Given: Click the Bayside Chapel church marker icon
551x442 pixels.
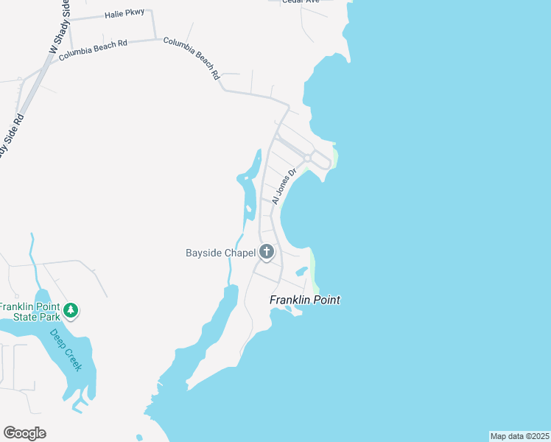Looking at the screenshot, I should (267, 253).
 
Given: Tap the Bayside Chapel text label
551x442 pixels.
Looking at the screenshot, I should (220, 253).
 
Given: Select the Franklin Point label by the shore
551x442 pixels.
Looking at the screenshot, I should (304, 300).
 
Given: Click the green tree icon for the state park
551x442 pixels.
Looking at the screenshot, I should (71, 310).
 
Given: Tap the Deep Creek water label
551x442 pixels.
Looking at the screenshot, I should (67, 349).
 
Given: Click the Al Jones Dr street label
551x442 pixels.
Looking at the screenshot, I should (283, 187).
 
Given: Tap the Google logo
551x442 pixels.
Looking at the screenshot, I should (24, 433).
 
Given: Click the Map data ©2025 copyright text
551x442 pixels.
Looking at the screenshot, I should (519, 436).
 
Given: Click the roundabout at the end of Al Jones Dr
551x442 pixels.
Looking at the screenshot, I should (307, 158).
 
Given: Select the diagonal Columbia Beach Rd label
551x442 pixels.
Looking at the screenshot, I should (192, 58).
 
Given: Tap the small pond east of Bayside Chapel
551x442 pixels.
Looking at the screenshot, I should (301, 270).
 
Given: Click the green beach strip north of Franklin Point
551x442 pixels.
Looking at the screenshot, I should (315, 270).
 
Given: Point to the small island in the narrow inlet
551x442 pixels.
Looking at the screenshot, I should (249, 209).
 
